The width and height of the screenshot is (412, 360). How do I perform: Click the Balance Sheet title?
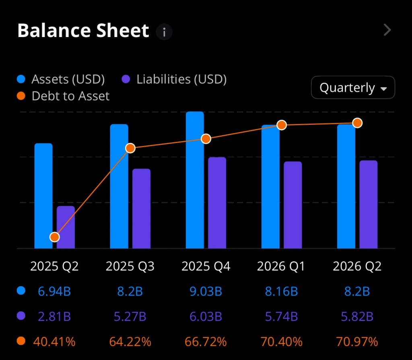[83, 31]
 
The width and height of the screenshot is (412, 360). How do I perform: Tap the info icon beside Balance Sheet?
[164, 31]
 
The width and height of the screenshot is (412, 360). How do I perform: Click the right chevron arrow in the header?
[387, 30]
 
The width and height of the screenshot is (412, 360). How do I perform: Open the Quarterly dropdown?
[353, 87]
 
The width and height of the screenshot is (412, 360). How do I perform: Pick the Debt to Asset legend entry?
[64, 96]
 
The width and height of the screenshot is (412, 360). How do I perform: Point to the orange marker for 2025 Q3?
[130, 148]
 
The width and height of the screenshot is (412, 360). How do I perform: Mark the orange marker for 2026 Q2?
[357, 123]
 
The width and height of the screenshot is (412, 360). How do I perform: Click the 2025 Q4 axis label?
[206, 267]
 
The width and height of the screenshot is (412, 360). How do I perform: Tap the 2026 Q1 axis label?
[281, 267]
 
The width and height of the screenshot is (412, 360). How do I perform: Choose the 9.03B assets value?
[206, 291]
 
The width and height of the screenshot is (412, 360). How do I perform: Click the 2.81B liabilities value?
[54, 317]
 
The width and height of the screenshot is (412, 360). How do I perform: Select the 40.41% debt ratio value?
[54, 342]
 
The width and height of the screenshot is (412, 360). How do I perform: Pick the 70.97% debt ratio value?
[357, 342]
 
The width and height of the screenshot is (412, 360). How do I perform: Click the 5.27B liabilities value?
[130, 317]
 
